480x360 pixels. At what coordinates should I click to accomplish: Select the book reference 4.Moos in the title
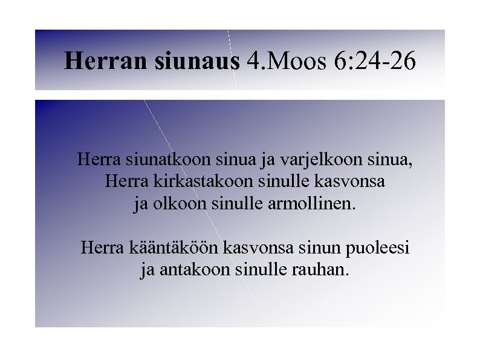tap(286, 61)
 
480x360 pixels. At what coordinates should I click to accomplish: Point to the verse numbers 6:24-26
tap(374, 61)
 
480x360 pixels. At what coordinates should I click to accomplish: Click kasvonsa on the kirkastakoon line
tap(357, 182)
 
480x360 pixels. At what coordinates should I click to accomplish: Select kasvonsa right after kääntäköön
tap(253, 247)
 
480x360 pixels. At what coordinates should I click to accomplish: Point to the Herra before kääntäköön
tap(102, 247)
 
